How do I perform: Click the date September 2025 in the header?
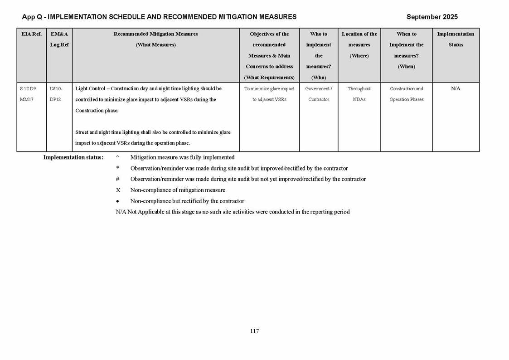431,17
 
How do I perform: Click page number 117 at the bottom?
254,331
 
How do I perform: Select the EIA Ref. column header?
31,34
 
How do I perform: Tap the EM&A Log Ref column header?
59,39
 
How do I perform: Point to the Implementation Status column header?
456,39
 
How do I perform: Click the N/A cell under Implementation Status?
456,89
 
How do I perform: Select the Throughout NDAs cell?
359,94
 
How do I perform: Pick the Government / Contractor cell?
319,94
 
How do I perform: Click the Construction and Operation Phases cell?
406,94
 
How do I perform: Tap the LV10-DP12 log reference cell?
56,94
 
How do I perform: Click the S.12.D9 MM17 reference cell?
28,94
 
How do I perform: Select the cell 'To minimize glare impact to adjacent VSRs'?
269,94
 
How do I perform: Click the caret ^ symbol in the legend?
117,157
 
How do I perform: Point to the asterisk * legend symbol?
117,168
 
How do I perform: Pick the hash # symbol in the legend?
117,179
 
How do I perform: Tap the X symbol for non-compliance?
118,190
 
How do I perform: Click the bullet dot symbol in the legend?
117,201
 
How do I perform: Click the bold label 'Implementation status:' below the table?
73,157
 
